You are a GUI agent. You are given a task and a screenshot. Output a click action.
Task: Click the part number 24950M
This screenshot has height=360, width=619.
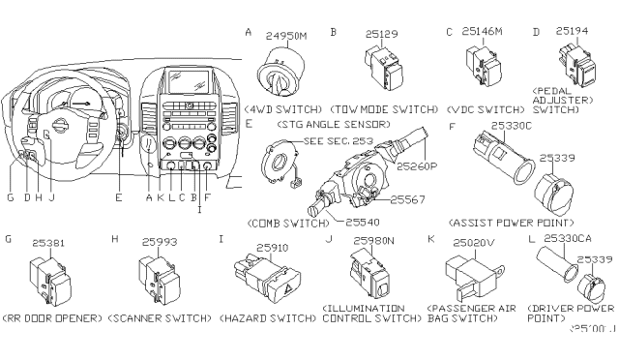tap(286, 36)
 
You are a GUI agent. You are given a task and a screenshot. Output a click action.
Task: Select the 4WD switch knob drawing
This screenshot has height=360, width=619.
tap(279, 74)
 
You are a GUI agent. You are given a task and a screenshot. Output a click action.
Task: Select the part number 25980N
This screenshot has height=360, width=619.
tap(371, 241)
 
